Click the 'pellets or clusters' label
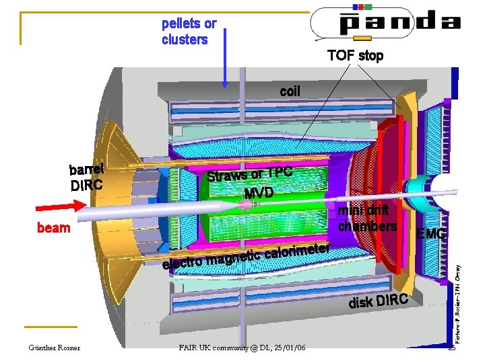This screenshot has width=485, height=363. tap(189, 32)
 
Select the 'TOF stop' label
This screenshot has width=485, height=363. tap(355, 56)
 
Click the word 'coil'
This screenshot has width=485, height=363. tap(290, 91)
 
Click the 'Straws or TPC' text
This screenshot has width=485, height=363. tap(250, 173)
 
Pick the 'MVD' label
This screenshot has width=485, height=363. tap(259, 193)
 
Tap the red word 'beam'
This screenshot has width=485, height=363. tap(53, 227)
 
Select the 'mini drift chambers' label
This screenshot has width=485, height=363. tap(367, 218)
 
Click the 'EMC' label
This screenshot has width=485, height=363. tap(431, 234)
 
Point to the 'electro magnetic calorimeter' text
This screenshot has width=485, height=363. tap(246, 257)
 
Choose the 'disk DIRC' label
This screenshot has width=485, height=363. tap(378, 302)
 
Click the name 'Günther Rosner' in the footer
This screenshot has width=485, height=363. tap(54, 348)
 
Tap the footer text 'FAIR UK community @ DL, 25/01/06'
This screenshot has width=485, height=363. tap(242, 348)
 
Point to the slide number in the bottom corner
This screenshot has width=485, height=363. tap(452, 348)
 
